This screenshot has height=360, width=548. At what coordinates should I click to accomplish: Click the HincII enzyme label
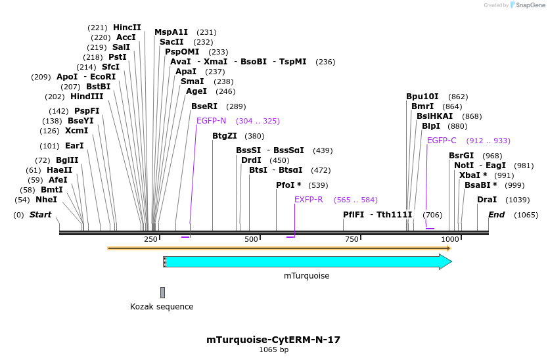127,28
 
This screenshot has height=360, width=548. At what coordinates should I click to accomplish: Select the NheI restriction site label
46,199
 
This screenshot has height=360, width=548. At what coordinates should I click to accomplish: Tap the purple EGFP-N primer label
211,121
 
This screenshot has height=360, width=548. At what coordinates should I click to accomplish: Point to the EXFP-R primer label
308,200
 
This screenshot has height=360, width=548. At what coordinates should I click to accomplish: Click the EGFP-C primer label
442,141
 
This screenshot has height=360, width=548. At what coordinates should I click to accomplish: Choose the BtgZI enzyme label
225,136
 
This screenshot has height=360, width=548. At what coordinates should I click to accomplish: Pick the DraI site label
487,199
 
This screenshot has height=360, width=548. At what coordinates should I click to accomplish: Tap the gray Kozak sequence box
162,292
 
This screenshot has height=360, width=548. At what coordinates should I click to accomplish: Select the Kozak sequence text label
162,307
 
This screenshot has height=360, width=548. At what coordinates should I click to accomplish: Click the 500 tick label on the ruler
251,240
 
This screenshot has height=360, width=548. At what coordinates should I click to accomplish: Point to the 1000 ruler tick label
450,240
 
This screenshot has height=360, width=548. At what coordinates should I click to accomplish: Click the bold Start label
40,215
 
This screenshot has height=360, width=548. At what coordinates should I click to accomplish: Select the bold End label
496,215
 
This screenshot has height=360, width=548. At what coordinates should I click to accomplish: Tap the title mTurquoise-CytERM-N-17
273,340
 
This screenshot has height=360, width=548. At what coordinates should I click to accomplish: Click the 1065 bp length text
273,350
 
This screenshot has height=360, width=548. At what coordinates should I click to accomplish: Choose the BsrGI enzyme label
461,156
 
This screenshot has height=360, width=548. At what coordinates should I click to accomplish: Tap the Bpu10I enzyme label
422,96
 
